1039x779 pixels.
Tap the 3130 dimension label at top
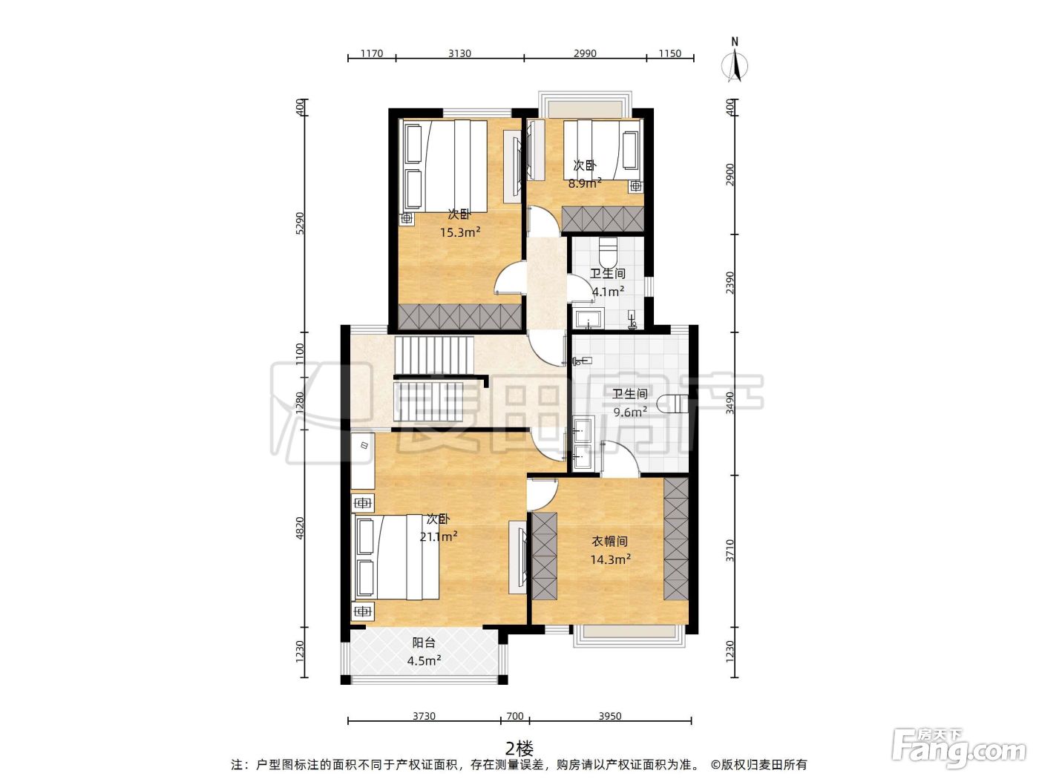(x=459, y=53)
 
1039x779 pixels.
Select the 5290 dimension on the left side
(x=300, y=223)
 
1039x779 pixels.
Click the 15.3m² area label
(x=460, y=232)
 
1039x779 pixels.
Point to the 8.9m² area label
(x=585, y=183)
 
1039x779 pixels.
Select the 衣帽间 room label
(x=610, y=541)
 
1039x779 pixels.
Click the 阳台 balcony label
(x=424, y=642)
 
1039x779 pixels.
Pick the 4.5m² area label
(x=424, y=660)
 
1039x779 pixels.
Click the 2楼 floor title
(x=519, y=749)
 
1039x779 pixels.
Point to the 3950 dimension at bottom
(x=610, y=716)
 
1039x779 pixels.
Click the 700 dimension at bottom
(x=515, y=716)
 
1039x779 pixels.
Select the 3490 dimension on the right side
(x=730, y=403)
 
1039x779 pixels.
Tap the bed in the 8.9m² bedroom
(x=602, y=150)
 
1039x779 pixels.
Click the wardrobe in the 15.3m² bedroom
(x=459, y=317)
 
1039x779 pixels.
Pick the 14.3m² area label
(x=610, y=559)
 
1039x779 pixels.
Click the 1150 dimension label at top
(x=670, y=53)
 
